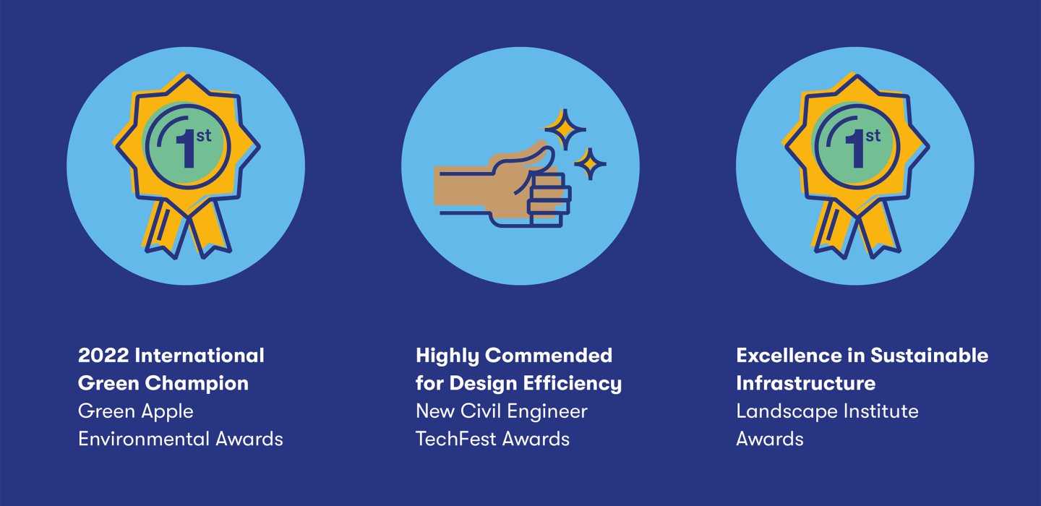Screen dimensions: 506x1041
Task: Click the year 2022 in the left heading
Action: pyautogui.click(x=103, y=356)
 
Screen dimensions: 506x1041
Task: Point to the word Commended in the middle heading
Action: pyautogui.click(x=549, y=356)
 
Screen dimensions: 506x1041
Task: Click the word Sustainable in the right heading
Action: pyautogui.click(x=929, y=356)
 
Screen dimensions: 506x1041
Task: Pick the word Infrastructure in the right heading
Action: pyautogui.click(x=805, y=383)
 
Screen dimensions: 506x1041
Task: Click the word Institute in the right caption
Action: pyautogui.click(x=878, y=411)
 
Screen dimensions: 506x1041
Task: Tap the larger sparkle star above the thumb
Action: pyautogui.click(x=565, y=129)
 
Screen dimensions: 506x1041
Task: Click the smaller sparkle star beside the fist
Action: pyautogui.click(x=590, y=164)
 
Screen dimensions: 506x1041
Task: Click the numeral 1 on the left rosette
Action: pyautogui.click(x=187, y=149)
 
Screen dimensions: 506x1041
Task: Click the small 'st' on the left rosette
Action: pyautogui.click(x=204, y=136)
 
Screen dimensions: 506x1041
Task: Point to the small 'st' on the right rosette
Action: pyautogui.click(x=873, y=136)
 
